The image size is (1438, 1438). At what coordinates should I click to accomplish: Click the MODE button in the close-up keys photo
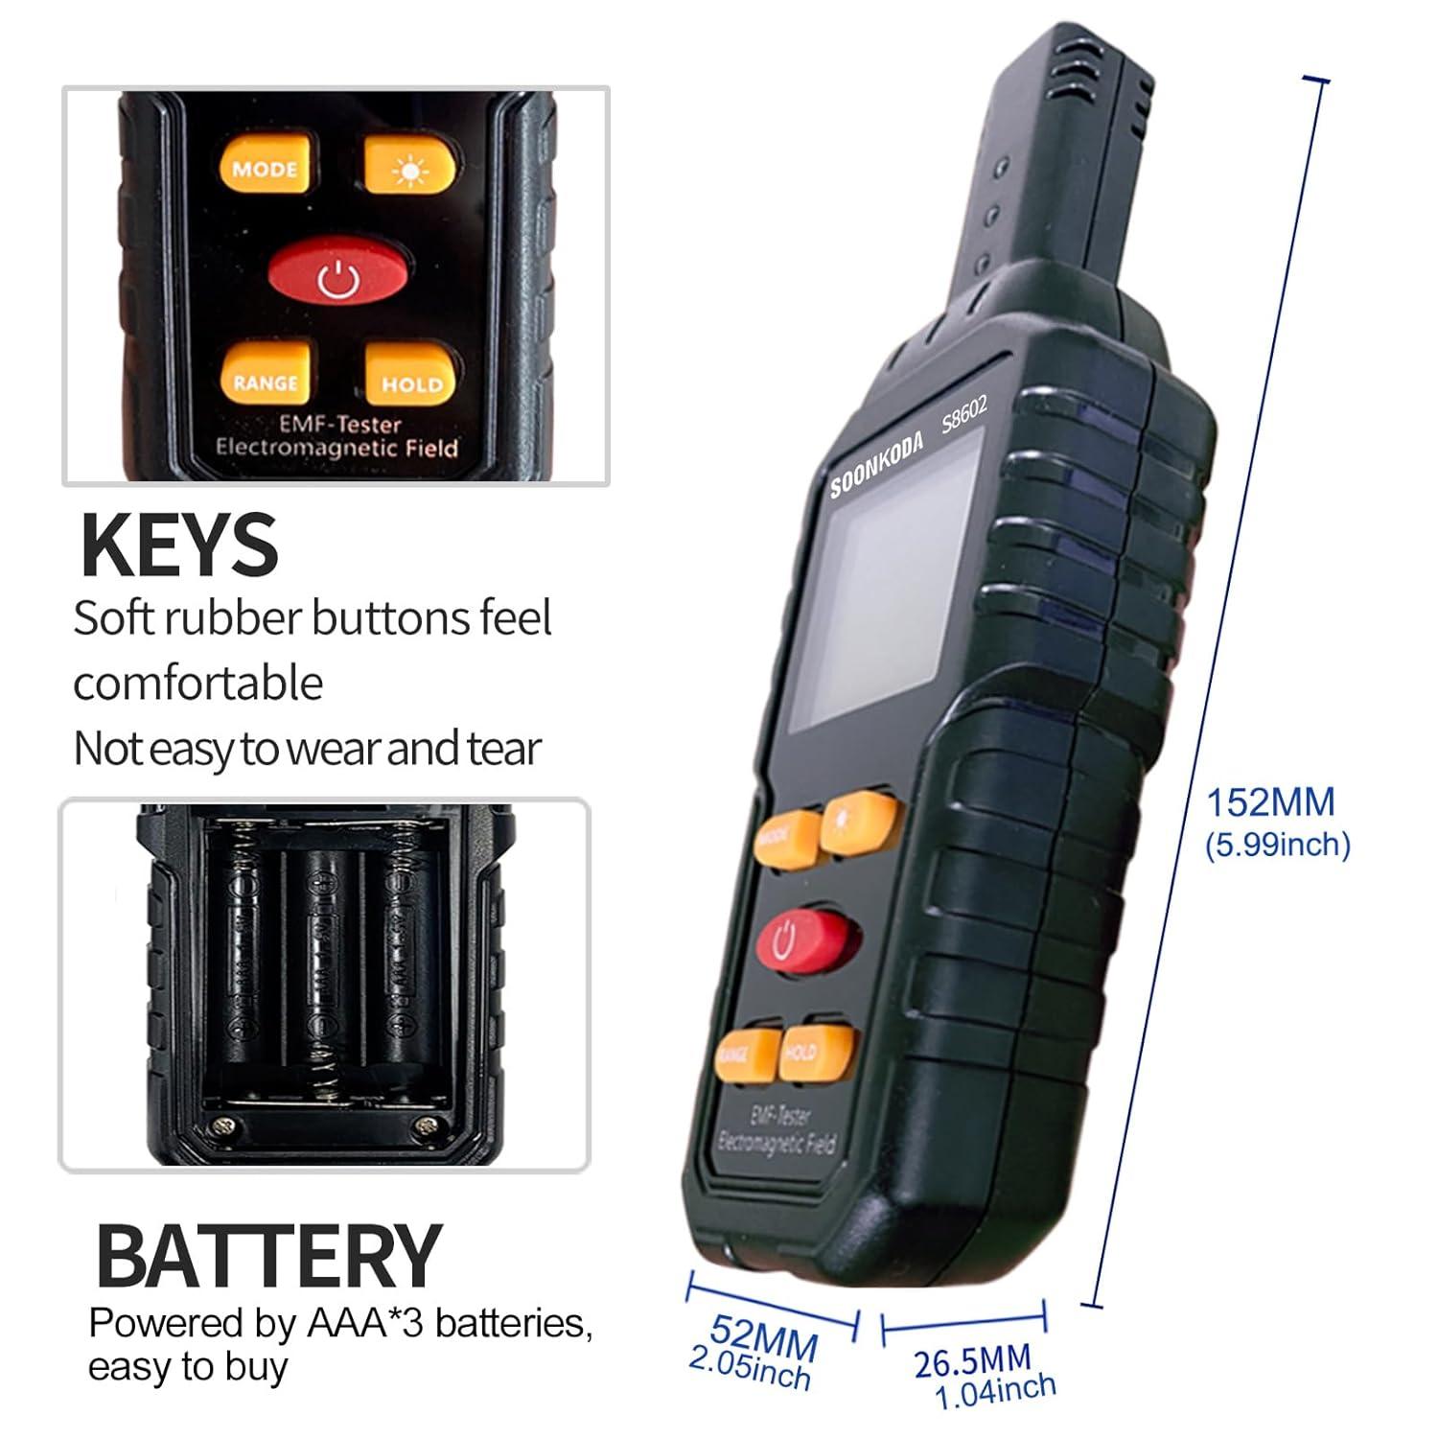click(265, 168)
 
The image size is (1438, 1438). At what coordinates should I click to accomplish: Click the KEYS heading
click(179, 545)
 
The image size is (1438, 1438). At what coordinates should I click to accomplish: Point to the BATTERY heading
click(268, 1256)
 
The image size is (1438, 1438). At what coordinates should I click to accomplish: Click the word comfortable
click(198, 684)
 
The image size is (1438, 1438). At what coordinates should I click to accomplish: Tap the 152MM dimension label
click(1269, 801)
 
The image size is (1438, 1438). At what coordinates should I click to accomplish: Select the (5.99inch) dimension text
click(1277, 845)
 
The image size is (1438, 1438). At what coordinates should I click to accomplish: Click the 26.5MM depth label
click(972, 1361)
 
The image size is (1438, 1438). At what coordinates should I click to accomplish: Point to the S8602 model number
click(963, 415)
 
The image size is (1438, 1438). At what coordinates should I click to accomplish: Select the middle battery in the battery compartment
click(327, 968)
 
